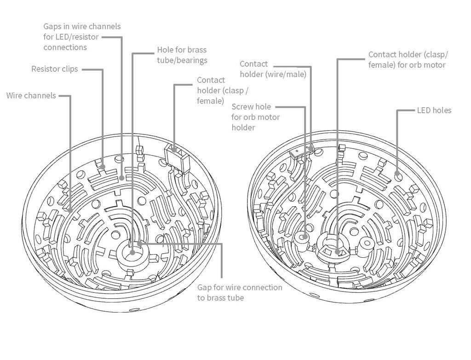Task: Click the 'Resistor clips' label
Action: pyautogui.click(x=54, y=69)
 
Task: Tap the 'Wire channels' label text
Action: pyautogui.click(x=31, y=96)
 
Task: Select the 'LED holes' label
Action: pyautogui.click(x=434, y=110)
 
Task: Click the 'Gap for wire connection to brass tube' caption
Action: pyautogui.click(x=240, y=292)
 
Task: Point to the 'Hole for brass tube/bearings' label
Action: pyautogui.click(x=182, y=55)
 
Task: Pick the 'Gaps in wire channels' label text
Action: pyautogui.click(x=82, y=26)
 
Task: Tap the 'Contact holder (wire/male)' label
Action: pyautogui.click(x=273, y=69)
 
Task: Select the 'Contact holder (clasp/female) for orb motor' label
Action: pyautogui.click(x=408, y=60)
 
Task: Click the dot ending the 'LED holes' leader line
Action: pyautogui.click(x=398, y=174)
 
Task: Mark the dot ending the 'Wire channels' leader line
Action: pyautogui.click(x=70, y=210)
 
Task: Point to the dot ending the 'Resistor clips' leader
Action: pyautogui.click(x=102, y=167)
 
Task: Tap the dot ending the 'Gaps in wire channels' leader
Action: pyautogui.click(x=121, y=177)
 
